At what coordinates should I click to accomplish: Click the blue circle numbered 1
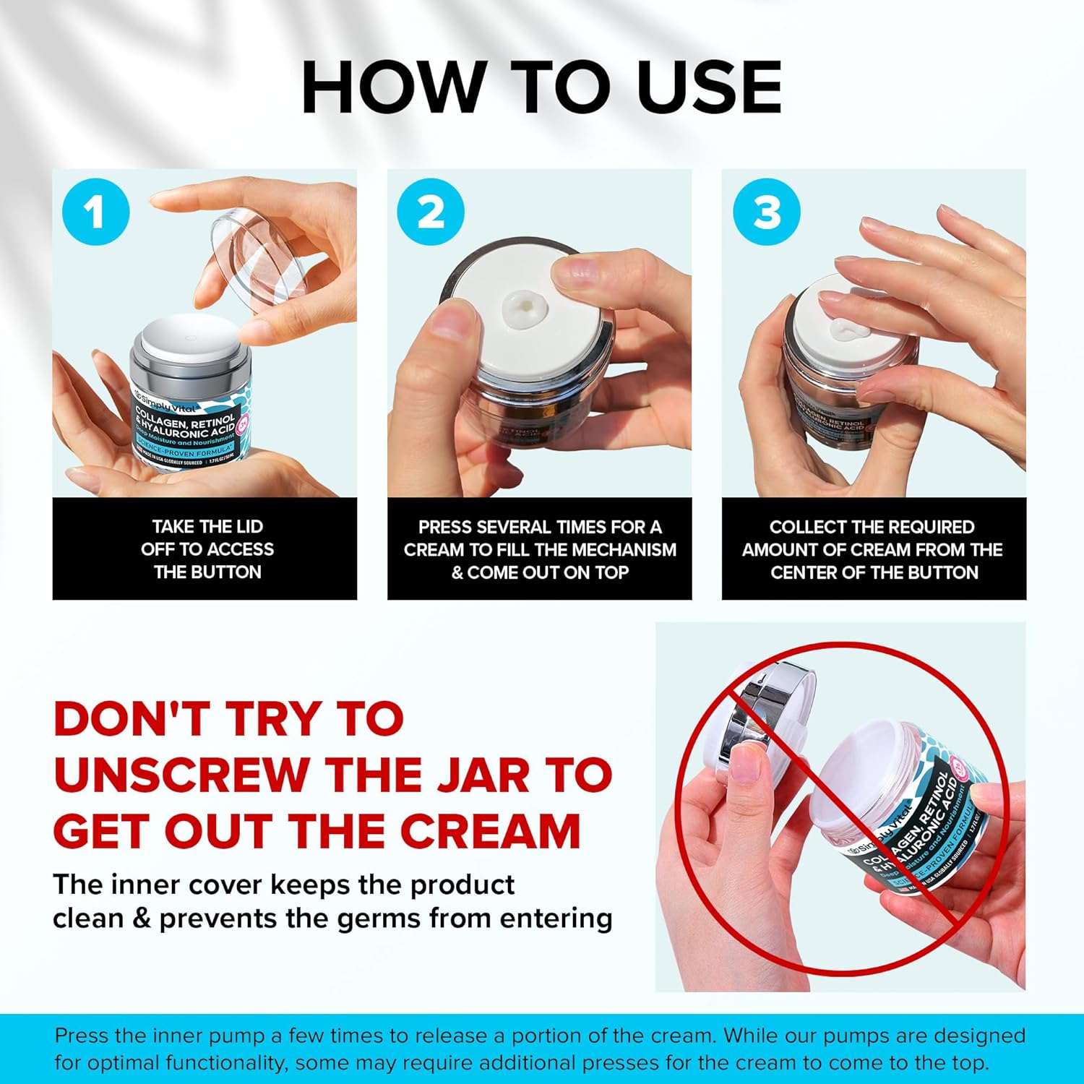95,212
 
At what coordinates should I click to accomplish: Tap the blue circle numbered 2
431,212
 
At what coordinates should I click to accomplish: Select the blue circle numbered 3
766,212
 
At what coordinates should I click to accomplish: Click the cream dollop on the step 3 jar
843,332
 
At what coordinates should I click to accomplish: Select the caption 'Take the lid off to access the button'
207,549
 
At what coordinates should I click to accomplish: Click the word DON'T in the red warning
133,719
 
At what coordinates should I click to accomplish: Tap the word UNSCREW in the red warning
181,775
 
